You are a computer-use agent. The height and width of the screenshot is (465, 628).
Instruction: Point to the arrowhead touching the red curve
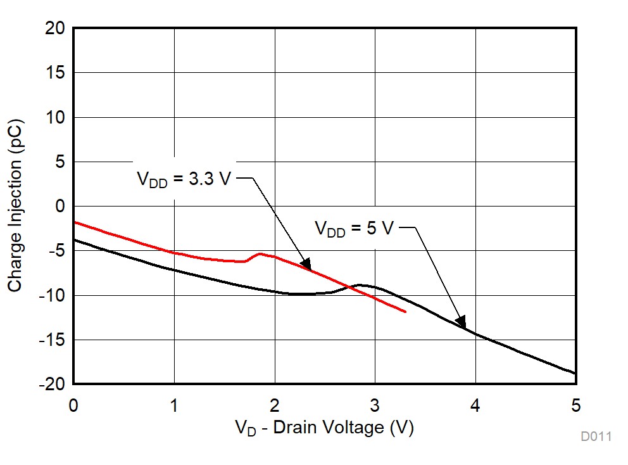[x=306, y=264]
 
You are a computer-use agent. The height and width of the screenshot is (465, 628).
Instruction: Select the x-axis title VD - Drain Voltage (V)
[x=324, y=428]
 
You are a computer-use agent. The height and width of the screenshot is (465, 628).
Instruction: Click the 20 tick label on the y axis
[x=56, y=28]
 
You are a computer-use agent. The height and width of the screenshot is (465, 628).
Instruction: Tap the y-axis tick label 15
[x=56, y=73]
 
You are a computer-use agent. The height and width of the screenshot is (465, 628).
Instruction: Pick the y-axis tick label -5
[x=56, y=251]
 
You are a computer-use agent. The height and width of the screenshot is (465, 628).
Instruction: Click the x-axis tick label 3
[x=375, y=405]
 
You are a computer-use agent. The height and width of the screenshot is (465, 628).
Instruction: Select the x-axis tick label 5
[x=575, y=405]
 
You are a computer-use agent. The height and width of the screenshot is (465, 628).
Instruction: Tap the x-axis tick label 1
[x=174, y=405]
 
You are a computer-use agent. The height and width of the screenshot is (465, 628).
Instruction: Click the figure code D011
[x=596, y=436]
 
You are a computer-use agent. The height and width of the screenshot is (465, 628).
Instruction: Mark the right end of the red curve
[x=405, y=312]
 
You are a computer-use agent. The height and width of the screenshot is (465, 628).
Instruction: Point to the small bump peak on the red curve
[x=260, y=253]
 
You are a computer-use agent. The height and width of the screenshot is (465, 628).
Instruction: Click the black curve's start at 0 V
[x=74, y=239]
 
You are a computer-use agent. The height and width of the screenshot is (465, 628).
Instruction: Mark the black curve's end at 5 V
[x=575, y=373]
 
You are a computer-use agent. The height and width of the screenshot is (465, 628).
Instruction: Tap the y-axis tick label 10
[x=56, y=117]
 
